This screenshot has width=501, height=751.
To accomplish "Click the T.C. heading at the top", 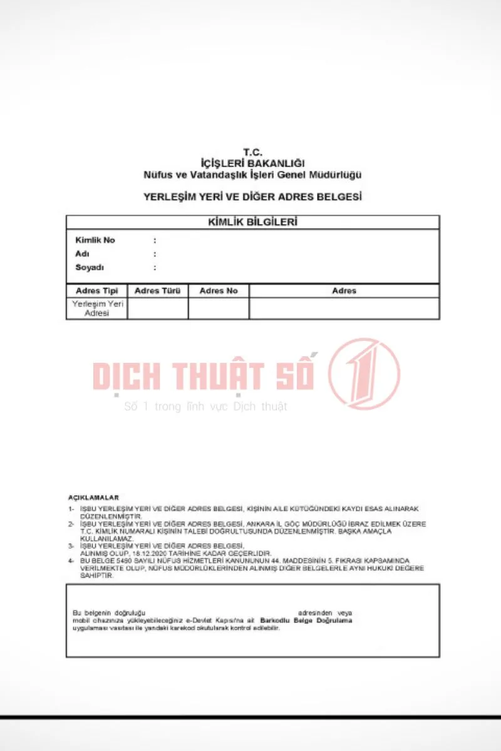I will (252, 152).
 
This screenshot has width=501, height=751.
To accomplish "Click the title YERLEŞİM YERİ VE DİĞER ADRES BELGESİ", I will (252, 197).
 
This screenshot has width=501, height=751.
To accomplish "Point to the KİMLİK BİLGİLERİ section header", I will (252, 222).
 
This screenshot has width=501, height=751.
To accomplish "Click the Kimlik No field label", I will (95, 240).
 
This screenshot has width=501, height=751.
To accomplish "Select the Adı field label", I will (82, 254).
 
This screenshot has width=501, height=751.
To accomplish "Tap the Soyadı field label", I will (90, 268).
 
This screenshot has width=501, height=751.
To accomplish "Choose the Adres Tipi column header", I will (97, 291).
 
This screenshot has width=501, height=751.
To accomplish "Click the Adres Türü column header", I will (158, 291).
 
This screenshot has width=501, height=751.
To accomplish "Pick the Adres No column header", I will (219, 291).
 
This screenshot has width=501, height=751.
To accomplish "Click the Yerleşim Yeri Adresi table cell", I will (97, 308).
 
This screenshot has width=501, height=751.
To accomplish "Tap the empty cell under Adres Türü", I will (158, 308).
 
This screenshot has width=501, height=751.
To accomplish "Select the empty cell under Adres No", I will (219, 308).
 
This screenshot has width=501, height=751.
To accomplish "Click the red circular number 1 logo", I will (364, 373).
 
